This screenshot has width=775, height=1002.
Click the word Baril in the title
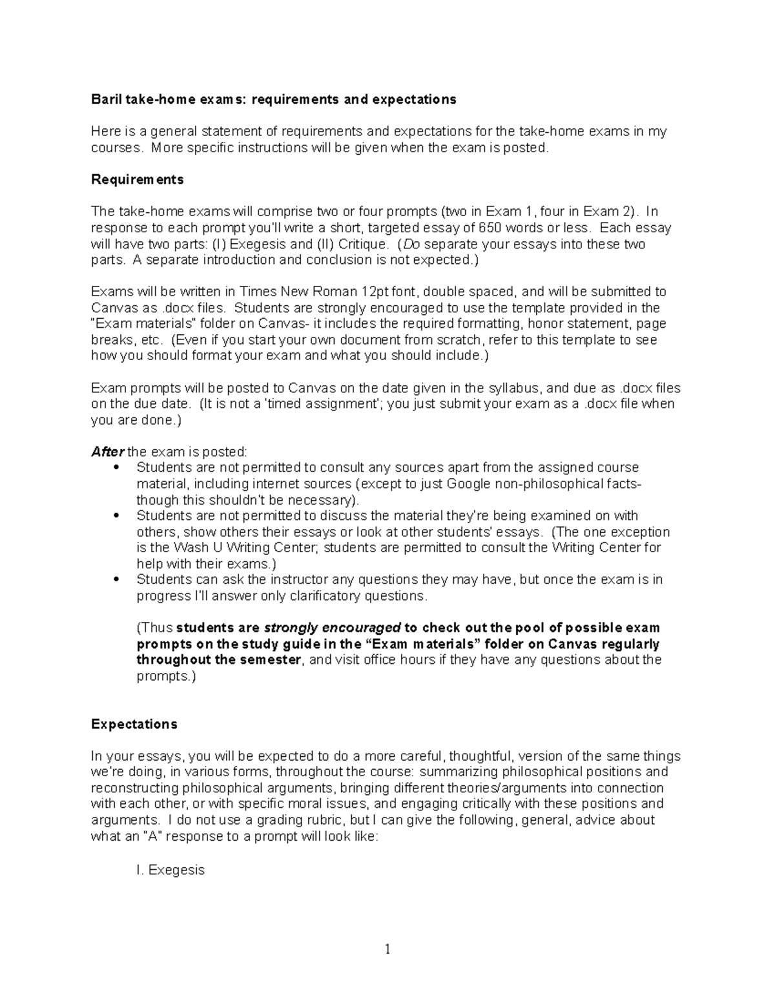click(104, 99)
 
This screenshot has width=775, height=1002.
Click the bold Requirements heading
click(137, 179)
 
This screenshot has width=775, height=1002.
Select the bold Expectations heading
click(134, 724)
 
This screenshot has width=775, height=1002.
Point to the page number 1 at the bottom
click(387, 949)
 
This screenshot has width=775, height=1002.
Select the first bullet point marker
click(116, 468)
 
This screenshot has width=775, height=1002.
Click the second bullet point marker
click(116, 516)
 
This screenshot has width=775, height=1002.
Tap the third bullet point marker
click(116, 580)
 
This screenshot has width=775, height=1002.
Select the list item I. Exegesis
click(170, 870)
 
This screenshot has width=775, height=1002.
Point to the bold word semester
click(269, 659)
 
